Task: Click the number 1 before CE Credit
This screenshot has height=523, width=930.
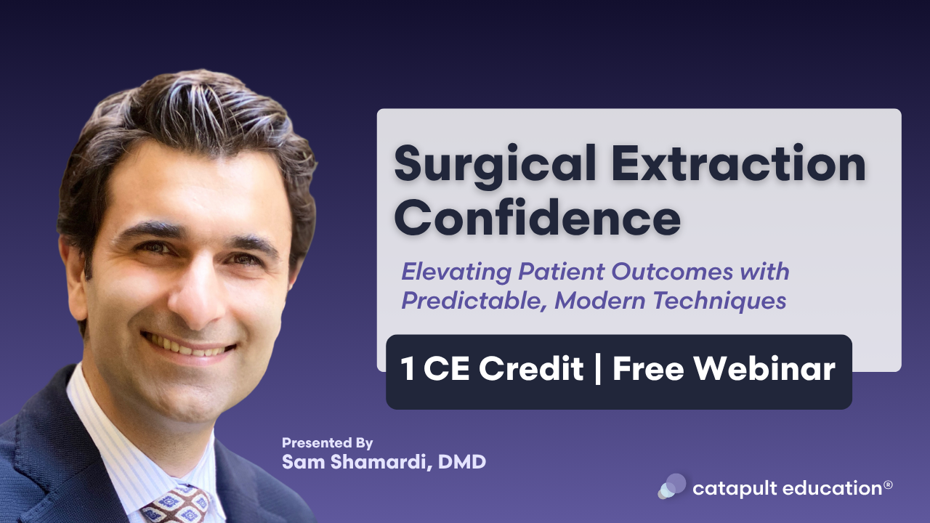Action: pos(408,370)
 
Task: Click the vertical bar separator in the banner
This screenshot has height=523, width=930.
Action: pos(599,370)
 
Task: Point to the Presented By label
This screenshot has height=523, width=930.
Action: pos(327,442)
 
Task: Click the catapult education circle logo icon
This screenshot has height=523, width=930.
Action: pos(672,487)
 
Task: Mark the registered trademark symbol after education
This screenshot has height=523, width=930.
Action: pos(888,484)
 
